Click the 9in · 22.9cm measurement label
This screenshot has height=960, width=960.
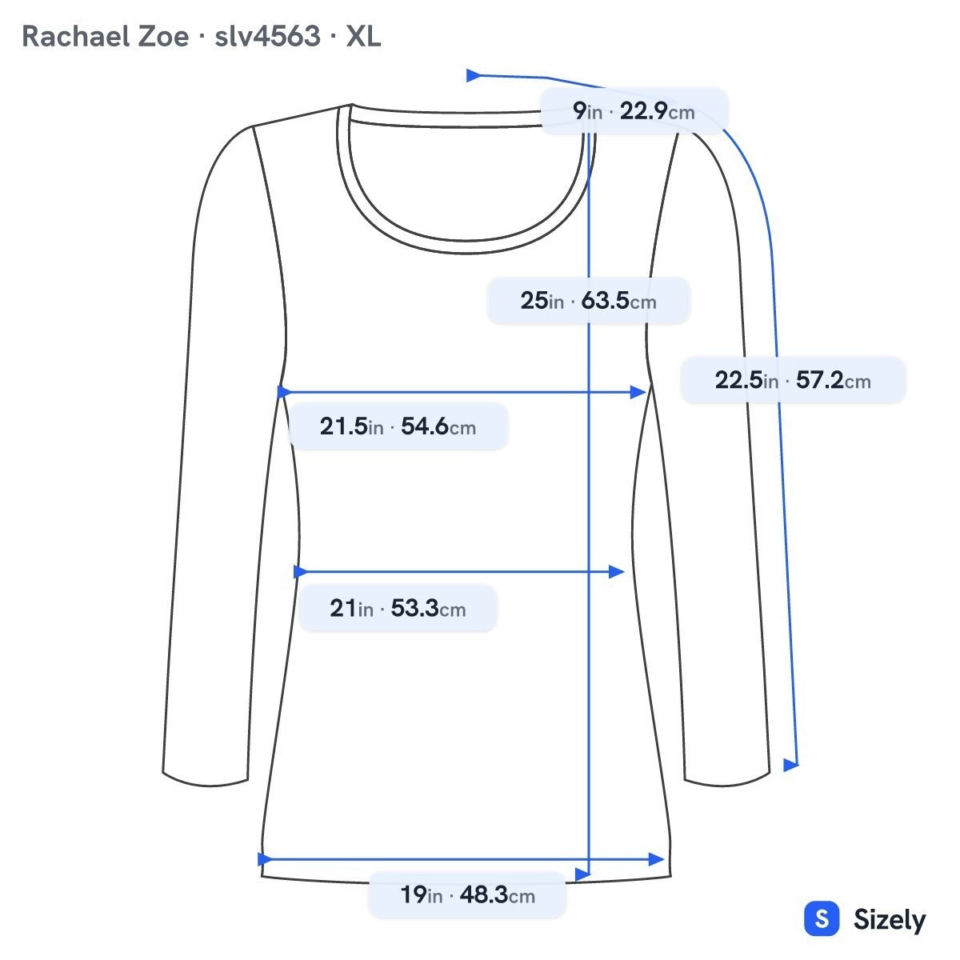pyautogui.click(x=634, y=111)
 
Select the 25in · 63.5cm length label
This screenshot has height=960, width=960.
pyautogui.click(x=588, y=301)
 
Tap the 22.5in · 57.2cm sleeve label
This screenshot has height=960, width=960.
pyautogui.click(x=793, y=380)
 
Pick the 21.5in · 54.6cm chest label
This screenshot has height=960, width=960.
pyautogui.click(x=398, y=426)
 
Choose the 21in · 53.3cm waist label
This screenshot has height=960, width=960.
pyautogui.click(x=398, y=608)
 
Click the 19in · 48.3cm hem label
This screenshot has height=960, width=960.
pyautogui.click(x=467, y=894)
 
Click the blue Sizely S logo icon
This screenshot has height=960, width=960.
pyautogui.click(x=822, y=918)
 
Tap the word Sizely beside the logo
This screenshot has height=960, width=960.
pyautogui.click(x=890, y=920)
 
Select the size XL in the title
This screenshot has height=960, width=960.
pyautogui.click(x=364, y=36)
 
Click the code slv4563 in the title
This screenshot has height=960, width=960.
pyautogui.click(x=267, y=36)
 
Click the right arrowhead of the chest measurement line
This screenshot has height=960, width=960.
pyautogui.click(x=638, y=392)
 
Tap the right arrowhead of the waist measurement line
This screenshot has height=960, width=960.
pyautogui.click(x=617, y=571)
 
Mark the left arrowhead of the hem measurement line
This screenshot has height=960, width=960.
pyautogui.click(x=265, y=859)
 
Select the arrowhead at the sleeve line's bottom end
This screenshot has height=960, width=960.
pyautogui.click(x=790, y=765)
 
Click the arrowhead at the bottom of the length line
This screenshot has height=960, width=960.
pyautogui.click(x=583, y=874)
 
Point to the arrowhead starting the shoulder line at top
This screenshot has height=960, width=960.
pyautogui.click(x=474, y=76)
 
